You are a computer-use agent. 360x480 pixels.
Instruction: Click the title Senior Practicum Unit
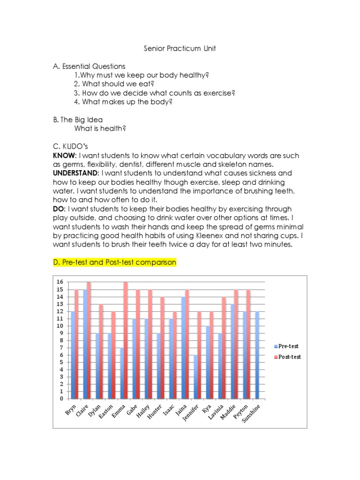[x=180, y=49]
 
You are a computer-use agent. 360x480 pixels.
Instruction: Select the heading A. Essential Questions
[x=89, y=67]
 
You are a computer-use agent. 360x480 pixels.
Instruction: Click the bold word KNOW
[x=64, y=156]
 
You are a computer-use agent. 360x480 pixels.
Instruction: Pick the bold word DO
[x=58, y=209]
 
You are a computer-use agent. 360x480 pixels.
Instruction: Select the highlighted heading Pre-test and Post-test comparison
[x=115, y=262]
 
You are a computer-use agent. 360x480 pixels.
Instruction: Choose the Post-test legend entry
[x=289, y=357]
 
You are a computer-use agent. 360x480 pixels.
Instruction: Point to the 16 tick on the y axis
[x=60, y=282]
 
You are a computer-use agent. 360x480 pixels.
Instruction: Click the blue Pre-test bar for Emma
[x=121, y=373]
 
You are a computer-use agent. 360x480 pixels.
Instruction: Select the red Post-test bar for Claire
[x=89, y=340]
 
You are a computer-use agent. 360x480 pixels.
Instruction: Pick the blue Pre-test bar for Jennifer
[x=195, y=377]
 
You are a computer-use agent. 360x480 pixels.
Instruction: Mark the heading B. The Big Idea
[x=78, y=120]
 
